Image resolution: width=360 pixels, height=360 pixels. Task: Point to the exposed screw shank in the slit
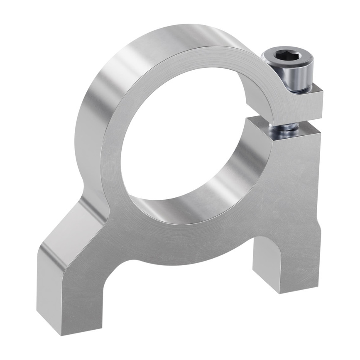click(284, 126)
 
